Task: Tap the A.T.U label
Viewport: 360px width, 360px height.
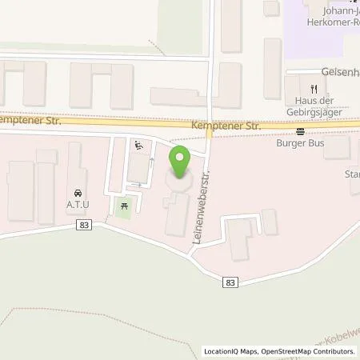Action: [x=77, y=203]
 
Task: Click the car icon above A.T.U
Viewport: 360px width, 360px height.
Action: [x=77, y=193]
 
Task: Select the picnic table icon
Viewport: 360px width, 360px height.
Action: [x=122, y=206]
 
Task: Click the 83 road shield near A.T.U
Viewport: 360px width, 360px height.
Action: [x=85, y=226]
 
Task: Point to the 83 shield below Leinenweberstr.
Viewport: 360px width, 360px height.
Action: [x=231, y=282]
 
